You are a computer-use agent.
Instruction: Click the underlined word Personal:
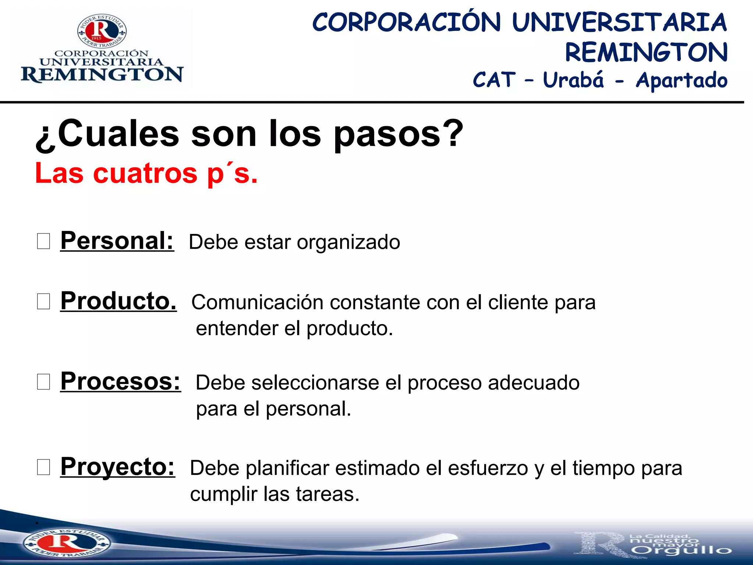pos(117,241)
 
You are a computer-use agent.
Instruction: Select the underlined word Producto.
pos(118,301)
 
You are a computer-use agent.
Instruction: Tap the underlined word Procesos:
pos(121,382)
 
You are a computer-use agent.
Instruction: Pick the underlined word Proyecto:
pos(118,467)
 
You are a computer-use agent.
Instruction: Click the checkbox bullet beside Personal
pos(43,242)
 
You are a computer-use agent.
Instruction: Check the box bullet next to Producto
pos(43,302)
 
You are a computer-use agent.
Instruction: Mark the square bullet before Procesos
pos(43,382)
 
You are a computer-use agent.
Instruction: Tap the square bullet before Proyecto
pos(43,467)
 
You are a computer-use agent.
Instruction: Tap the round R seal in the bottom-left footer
pos(66,543)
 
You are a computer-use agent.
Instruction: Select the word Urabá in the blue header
pos(573,80)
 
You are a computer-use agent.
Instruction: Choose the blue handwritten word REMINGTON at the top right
pos(646,52)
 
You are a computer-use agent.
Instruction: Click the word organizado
pos(348,242)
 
